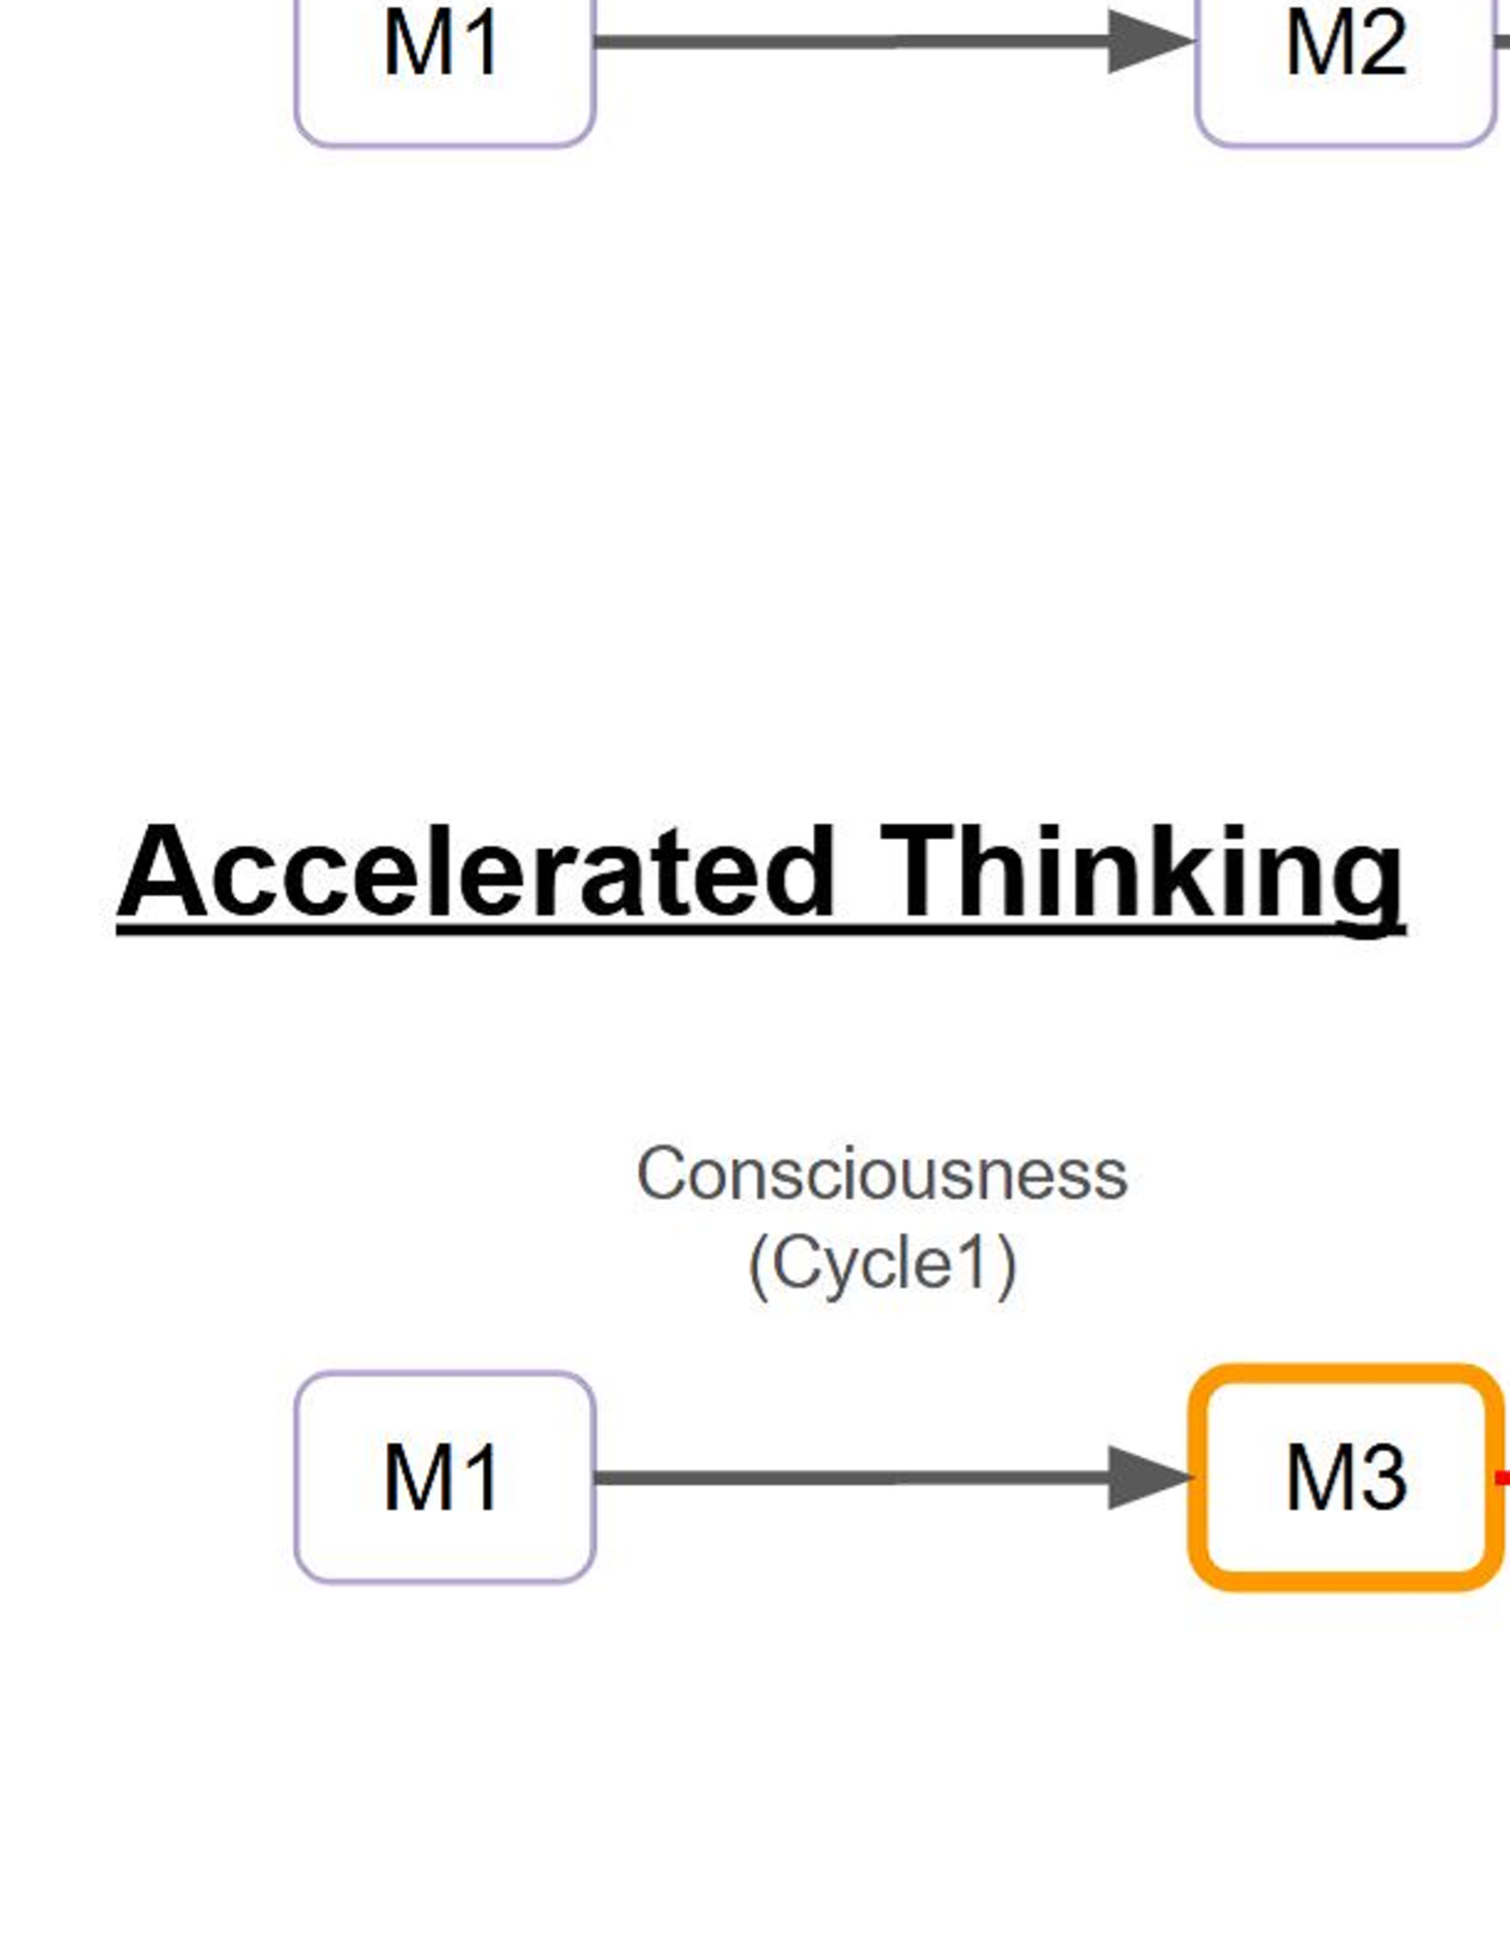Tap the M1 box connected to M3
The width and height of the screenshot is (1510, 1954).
pos(444,1477)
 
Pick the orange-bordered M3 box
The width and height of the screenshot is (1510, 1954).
pos(1345,1477)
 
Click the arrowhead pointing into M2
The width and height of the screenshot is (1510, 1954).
pos(1149,41)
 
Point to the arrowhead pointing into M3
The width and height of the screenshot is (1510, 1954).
pos(1149,1477)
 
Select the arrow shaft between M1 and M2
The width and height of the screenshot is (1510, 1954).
pos(850,41)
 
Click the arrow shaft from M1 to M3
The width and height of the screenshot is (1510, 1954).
pos(850,1477)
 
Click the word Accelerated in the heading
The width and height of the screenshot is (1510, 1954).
pos(476,872)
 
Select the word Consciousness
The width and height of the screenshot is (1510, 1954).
pos(881,1175)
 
